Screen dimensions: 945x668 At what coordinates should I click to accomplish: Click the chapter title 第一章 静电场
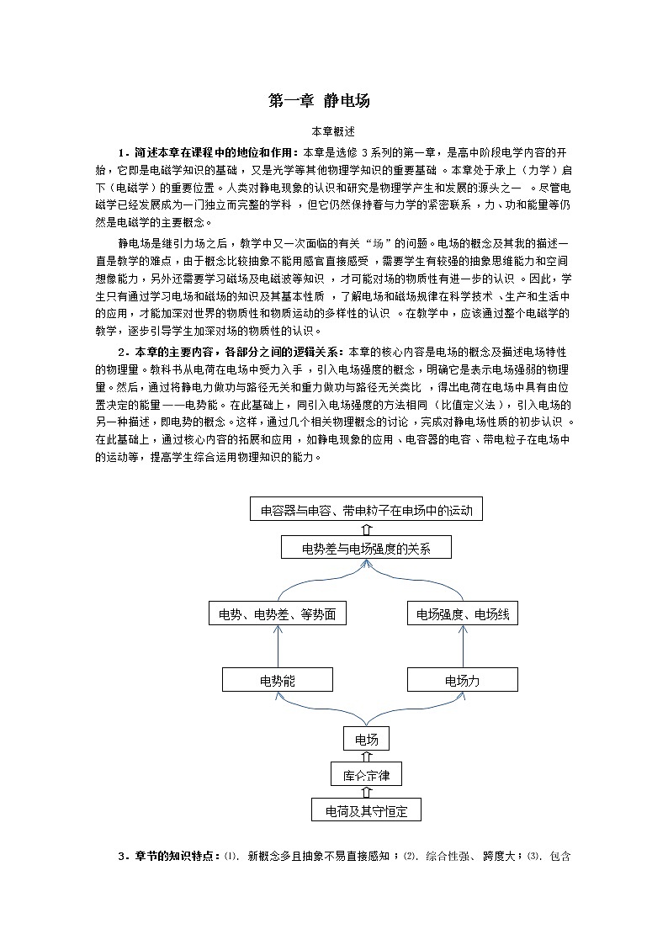[x=319, y=101]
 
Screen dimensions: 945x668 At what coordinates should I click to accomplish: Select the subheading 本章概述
[x=333, y=131]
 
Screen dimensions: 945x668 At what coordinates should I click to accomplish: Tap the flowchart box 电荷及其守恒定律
[x=366, y=810]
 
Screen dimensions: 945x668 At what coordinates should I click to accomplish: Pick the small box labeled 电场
[x=366, y=740]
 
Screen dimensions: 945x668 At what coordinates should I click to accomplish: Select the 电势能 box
[x=278, y=680]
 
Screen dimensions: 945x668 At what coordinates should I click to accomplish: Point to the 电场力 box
[x=462, y=680]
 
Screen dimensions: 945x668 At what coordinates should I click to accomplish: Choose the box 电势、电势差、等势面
[x=278, y=614]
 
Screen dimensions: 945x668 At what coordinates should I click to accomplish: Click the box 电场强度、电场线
[x=462, y=614]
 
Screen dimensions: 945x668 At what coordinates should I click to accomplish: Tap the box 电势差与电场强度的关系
[x=366, y=549]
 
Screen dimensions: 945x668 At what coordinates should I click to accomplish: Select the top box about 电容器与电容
[x=366, y=509]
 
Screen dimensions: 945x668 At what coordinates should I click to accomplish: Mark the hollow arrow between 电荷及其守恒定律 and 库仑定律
[x=366, y=793]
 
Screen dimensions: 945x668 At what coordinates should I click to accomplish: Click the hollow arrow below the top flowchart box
[x=366, y=529]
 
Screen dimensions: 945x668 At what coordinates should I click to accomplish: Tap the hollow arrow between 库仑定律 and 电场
[x=366, y=757]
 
